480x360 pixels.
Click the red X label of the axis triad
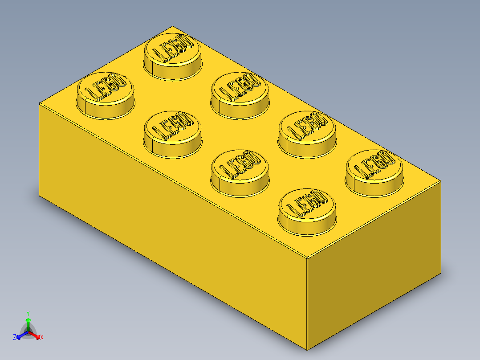(42, 338)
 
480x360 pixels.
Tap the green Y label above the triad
(28, 313)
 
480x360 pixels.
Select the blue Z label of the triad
(15, 338)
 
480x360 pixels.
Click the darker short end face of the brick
(374, 267)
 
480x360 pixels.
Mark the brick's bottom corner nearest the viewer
(308, 350)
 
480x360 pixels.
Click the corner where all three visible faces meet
(308, 258)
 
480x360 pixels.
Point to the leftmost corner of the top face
(40, 103)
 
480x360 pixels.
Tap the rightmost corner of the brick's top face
(440, 181)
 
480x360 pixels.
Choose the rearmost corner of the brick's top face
(173, 26)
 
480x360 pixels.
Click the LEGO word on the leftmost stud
(105, 87)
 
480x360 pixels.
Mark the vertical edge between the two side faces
(308, 303)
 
